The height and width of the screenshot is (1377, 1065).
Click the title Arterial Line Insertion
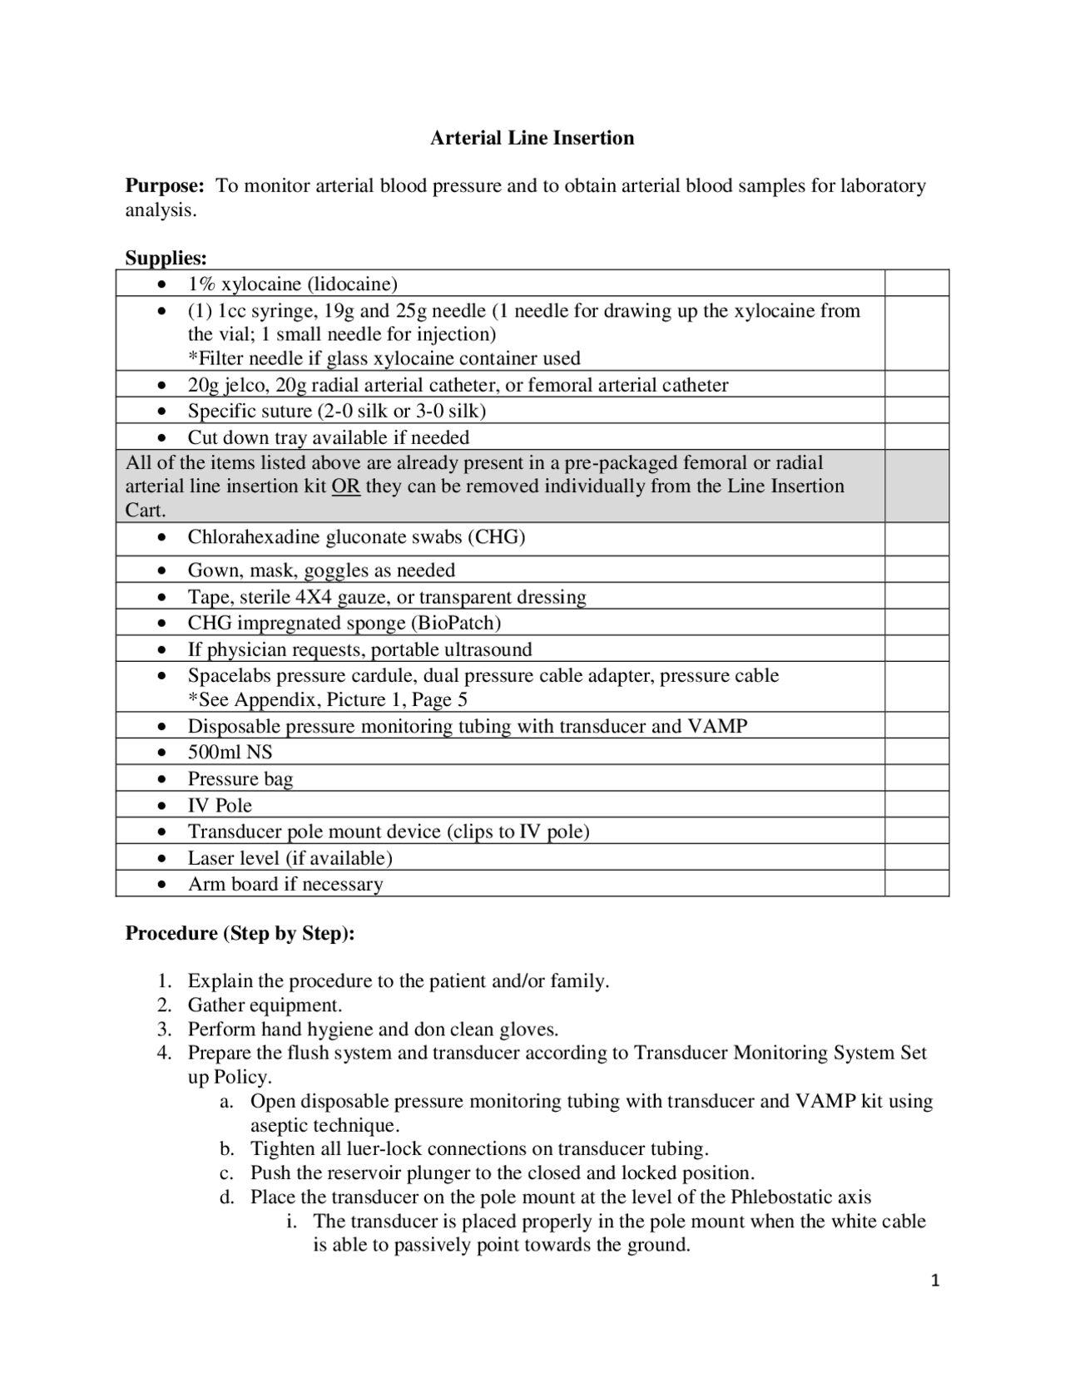(532, 138)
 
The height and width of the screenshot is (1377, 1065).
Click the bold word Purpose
(164, 185)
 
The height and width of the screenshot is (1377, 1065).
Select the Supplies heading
(166, 258)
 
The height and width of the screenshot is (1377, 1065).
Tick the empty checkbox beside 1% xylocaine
(916, 284)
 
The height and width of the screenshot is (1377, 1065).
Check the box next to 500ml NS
(916, 753)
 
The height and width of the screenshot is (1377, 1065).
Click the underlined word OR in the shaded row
(346, 486)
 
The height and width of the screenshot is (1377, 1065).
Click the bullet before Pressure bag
(162, 780)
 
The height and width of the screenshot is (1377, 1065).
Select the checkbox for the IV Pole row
(916, 805)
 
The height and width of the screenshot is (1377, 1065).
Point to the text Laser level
(234, 858)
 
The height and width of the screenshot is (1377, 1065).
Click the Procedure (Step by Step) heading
(240, 933)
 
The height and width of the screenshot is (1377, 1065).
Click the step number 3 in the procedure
(164, 1029)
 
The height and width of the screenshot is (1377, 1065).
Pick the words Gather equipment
(265, 1005)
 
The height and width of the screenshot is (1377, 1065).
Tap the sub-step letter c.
(225, 1173)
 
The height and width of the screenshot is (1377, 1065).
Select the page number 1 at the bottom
(935, 1281)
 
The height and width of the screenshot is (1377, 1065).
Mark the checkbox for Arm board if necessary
(916, 884)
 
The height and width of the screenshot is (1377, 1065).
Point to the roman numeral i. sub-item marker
(290, 1222)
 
